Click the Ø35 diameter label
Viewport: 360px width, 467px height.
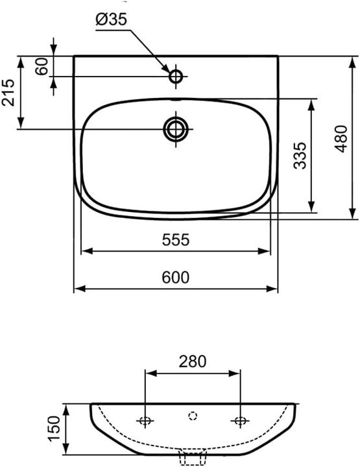click(112, 20)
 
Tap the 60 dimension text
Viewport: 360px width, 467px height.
click(42, 66)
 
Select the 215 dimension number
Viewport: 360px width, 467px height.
click(8, 92)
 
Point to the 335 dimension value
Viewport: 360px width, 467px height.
click(300, 156)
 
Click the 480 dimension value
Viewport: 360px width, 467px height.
click(341, 139)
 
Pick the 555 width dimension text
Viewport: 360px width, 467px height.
click(176, 239)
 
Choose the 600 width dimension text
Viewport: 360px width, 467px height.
click(176, 278)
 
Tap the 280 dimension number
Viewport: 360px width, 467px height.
click(193, 361)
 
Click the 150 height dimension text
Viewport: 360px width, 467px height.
click(54, 429)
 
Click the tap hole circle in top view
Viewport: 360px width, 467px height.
click(176, 77)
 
